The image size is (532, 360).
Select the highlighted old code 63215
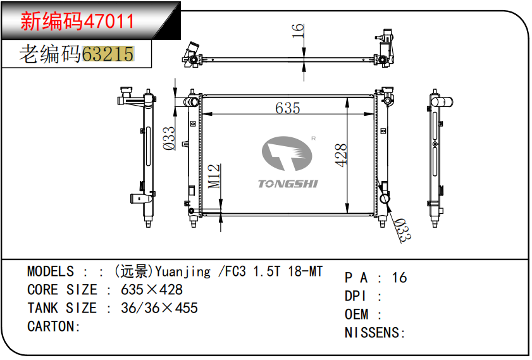pyautogui.click(x=108, y=54)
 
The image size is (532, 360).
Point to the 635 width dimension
pyautogui.click(x=287, y=108)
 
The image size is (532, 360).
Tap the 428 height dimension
pyautogui.click(x=341, y=155)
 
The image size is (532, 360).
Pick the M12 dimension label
pyautogui.click(x=214, y=176)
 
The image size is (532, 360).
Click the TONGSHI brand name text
pyautogui.click(x=288, y=184)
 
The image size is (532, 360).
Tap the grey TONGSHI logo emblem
pyautogui.click(x=288, y=154)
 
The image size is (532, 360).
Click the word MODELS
pyautogui.click(x=51, y=271)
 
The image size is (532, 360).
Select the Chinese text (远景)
pyautogui.click(x=134, y=271)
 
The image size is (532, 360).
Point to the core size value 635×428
pyautogui.click(x=152, y=290)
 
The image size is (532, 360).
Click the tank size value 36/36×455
pyautogui.click(x=159, y=308)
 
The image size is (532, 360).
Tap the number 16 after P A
pyautogui.click(x=399, y=278)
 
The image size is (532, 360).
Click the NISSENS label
pyautogui.click(x=374, y=333)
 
